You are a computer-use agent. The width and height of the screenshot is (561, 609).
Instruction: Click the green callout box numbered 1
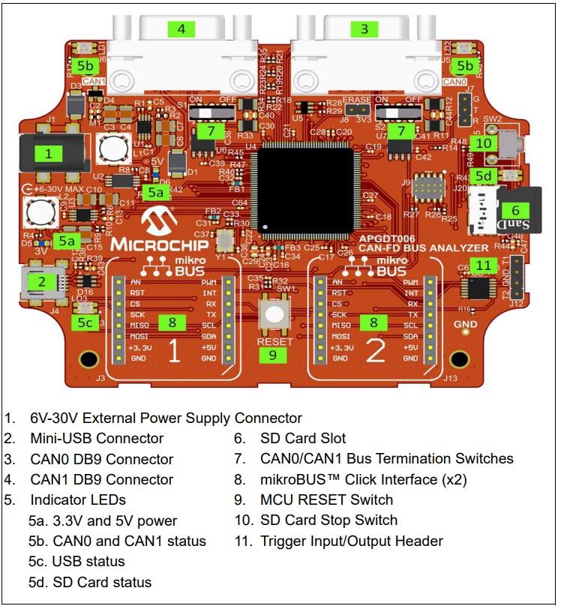49,154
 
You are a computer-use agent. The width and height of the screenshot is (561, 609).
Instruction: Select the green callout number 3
364,29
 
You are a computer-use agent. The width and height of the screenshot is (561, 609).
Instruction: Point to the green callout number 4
181,29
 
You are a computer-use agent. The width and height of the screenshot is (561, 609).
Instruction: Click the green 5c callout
85,322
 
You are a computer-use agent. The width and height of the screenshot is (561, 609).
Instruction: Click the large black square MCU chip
303,187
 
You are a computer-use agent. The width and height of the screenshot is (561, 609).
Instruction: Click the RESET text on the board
274,340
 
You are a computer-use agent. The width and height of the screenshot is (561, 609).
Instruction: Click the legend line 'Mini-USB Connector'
97,439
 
